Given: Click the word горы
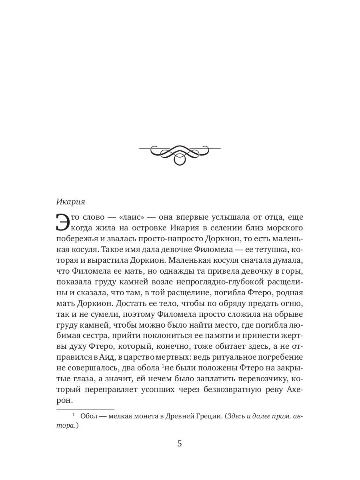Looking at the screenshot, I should click(294, 270).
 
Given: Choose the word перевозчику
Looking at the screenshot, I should click(260, 378).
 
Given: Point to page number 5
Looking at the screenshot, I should click(180, 444).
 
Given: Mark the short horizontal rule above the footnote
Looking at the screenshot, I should click(85, 409).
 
